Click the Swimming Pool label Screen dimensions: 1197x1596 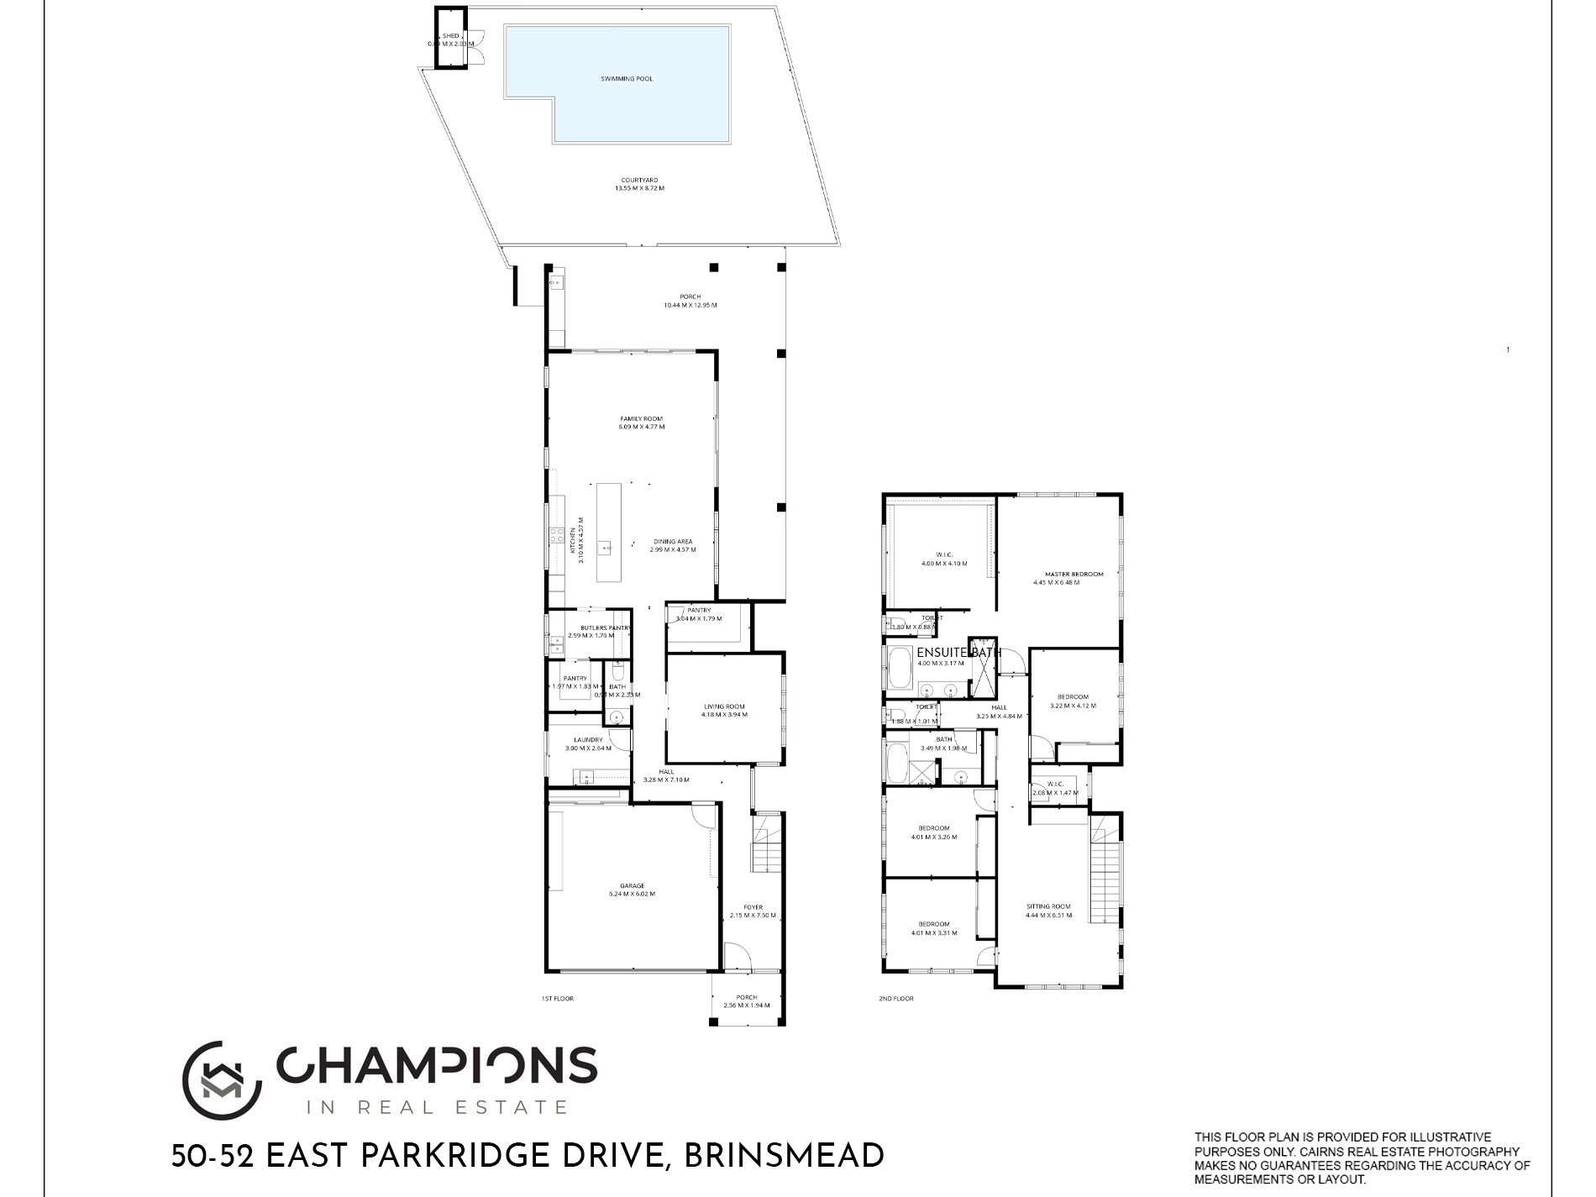(627, 79)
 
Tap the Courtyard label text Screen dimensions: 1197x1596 (639, 180)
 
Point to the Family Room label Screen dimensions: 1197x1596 (641, 418)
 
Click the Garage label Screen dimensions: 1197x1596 (632, 885)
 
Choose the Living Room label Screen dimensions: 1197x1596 (724, 706)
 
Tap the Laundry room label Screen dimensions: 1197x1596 (588, 740)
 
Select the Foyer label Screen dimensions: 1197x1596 (753, 907)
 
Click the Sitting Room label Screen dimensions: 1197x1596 (1048, 906)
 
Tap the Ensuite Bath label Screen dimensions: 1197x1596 (958, 653)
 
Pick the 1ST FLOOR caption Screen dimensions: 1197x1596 (558, 999)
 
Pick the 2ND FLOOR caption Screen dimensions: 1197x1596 (897, 999)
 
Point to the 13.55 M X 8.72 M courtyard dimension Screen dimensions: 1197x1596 (639, 188)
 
